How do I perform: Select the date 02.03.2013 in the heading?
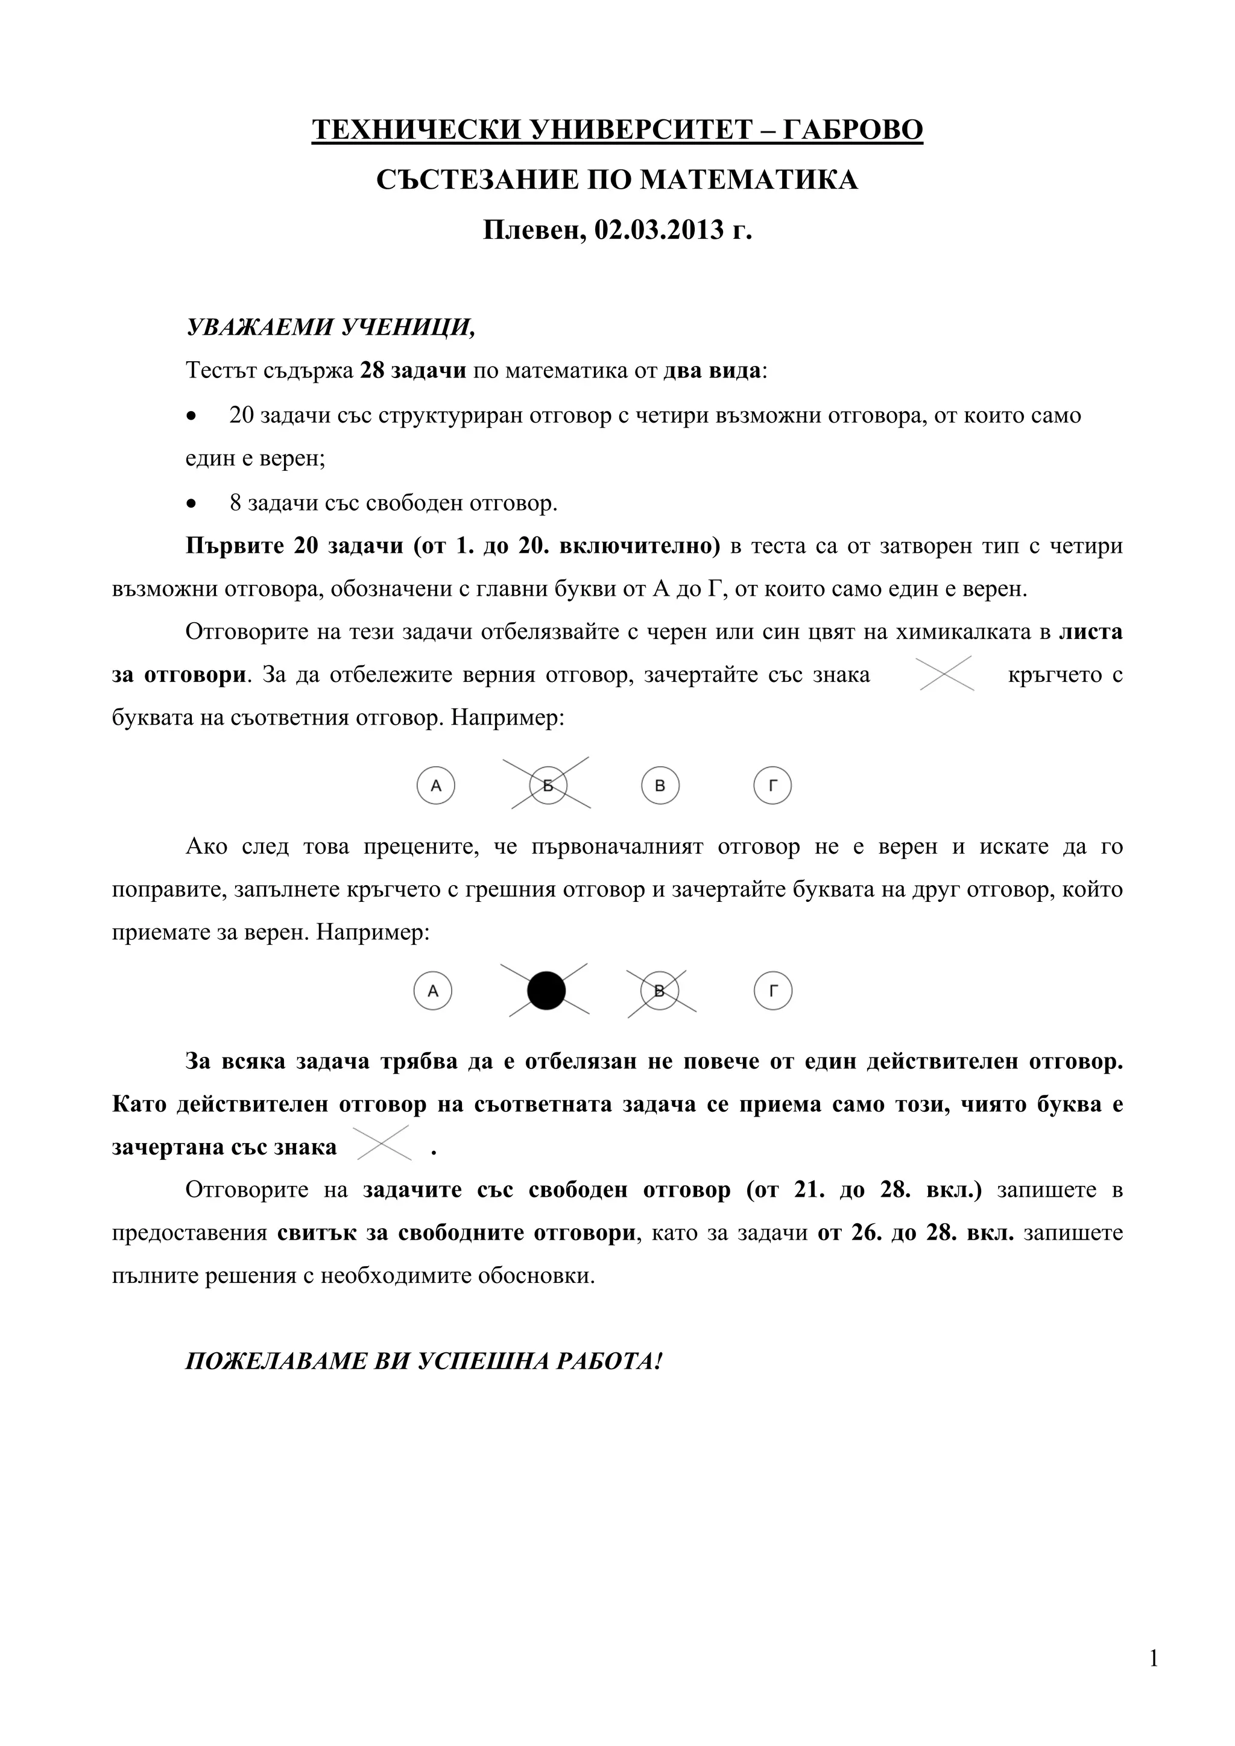pyautogui.click(x=659, y=230)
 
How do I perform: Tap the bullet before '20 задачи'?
pyautogui.click(x=192, y=417)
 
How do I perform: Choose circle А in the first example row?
pyautogui.click(x=436, y=786)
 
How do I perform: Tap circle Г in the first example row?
pyautogui.click(x=772, y=786)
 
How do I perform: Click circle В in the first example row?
pyautogui.click(x=660, y=786)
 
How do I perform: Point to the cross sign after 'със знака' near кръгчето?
pyautogui.click(x=946, y=674)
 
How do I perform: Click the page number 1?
pyautogui.click(x=1154, y=1659)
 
